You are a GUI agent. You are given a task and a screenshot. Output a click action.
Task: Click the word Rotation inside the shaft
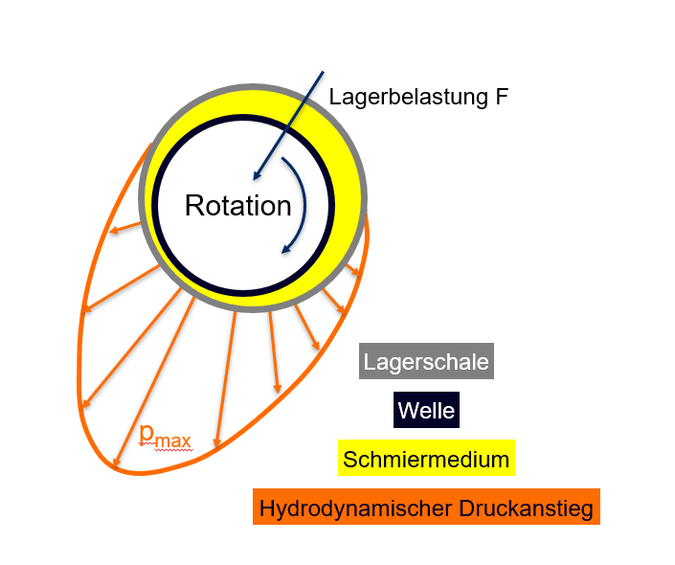click(x=237, y=206)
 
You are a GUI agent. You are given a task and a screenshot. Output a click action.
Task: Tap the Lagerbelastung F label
click(x=417, y=97)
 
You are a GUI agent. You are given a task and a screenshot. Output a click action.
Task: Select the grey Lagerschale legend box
click(x=426, y=363)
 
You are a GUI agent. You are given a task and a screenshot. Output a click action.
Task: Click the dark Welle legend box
click(x=426, y=412)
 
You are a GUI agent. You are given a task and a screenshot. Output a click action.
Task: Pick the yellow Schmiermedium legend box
click(x=426, y=460)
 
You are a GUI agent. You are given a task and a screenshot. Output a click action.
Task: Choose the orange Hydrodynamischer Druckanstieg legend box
click(x=426, y=507)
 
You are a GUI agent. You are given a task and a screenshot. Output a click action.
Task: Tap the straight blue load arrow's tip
click(x=254, y=178)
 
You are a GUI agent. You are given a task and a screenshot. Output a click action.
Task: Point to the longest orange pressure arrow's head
click(x=116, y=467)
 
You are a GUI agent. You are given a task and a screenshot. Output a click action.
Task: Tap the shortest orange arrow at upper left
click(x=124, y=228)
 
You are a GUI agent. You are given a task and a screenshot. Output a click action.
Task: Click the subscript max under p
click(x=174, y=441)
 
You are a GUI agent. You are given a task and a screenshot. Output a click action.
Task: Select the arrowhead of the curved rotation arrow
click(x=284, y=250)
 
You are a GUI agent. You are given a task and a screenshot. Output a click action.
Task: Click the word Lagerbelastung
click(x=406, y=97)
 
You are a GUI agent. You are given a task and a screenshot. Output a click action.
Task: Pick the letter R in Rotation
click(x=193, y=206)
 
